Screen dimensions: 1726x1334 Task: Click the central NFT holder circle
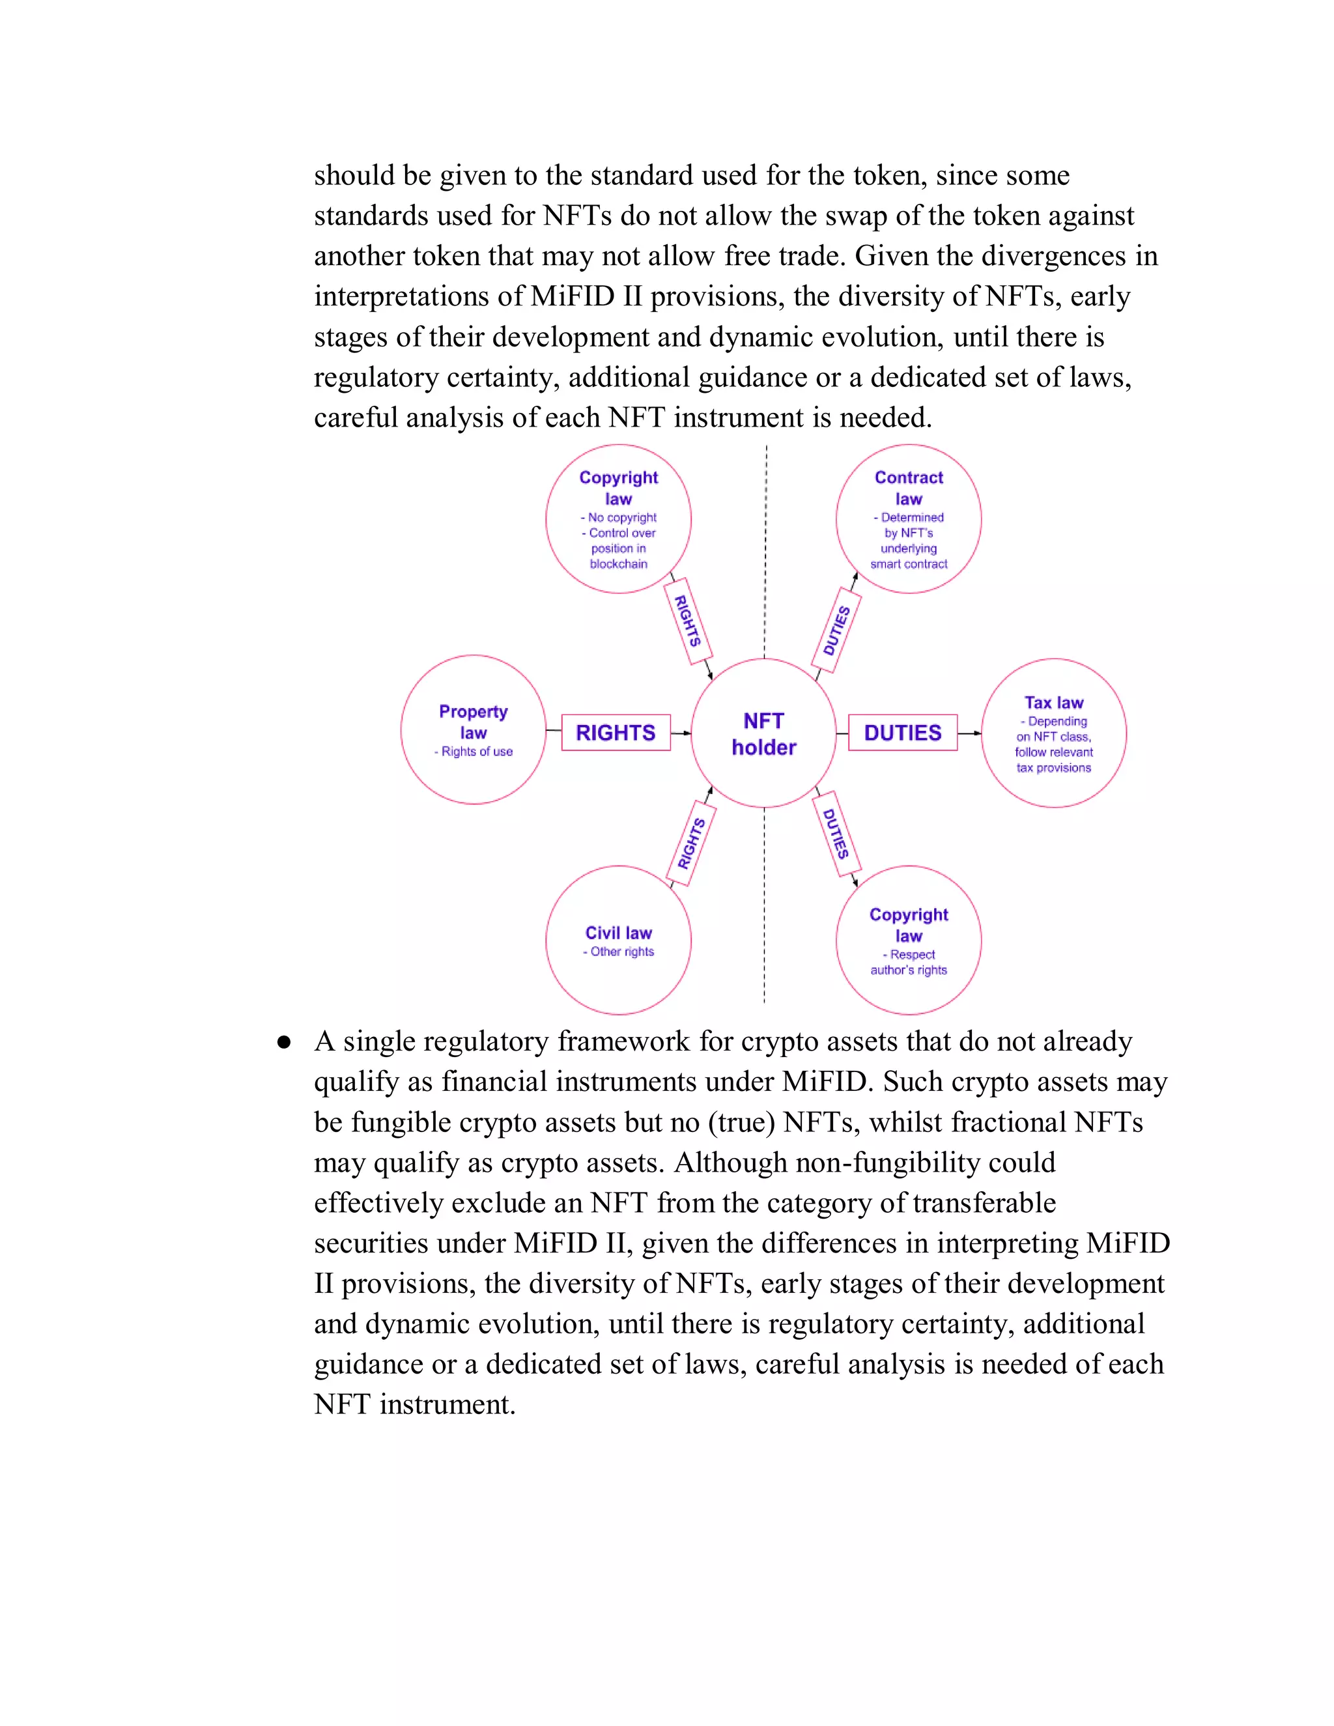click(x=763, y=733)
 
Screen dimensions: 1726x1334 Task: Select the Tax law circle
click(x=1053, y=733)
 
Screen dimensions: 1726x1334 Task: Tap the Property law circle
click(x=474, y=729)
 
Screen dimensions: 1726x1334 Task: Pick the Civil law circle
click(x=618, y=940)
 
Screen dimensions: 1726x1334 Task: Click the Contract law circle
click(x=908, y=518)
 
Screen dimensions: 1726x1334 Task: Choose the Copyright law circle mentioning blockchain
click(x=618, y=518)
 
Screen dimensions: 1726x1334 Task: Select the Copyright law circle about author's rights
click(x=908, y=940)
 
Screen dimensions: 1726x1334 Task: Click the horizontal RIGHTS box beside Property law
click(x=616, y=733)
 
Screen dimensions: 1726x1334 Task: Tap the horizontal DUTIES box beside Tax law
click(x=903, y=733)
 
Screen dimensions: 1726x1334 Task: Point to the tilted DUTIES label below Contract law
click(x=836, y=630)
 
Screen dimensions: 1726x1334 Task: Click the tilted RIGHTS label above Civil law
click(x=692, y=843)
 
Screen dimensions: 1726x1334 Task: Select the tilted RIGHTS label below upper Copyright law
click(x=688, y=621)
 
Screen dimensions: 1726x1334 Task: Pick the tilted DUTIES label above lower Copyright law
click(x=836, y=834)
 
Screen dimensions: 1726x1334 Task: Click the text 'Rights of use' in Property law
click(x=477, y=752)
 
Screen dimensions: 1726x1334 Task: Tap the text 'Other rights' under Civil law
click(x=622, y=952)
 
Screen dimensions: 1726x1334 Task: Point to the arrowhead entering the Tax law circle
click(x=978, y=733)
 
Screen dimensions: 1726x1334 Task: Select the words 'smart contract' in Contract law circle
click(x=908, y=564)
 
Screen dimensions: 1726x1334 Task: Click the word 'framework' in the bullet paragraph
click(x=624, y=1041)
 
